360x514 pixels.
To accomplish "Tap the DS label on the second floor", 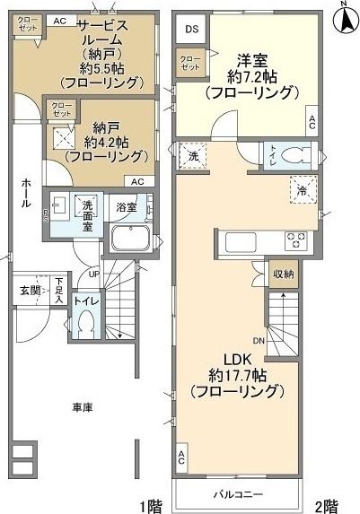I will [x=191, y=29].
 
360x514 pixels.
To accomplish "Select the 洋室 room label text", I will [x=250, y=62].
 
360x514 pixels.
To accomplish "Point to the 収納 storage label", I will [x=283, y=273].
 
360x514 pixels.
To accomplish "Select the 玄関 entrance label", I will [x=28, y=290].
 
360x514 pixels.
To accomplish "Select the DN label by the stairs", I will [x=258, y=341].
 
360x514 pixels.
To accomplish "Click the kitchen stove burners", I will [x=296, y=240].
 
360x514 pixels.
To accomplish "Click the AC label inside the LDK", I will [x=183, y=457].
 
